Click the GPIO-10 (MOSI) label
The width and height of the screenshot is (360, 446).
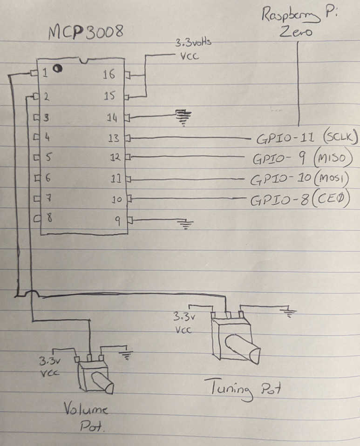(x=300, y=179)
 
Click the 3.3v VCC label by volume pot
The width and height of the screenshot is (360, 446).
(x=49, y=366)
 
